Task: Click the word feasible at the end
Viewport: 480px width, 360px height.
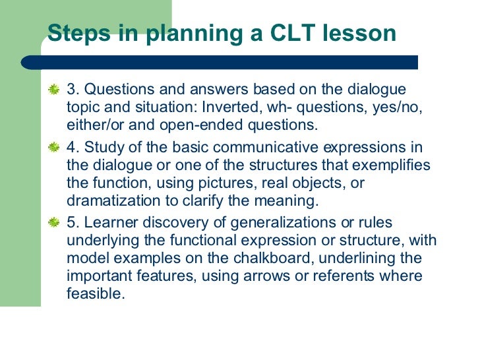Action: [96, 294]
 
